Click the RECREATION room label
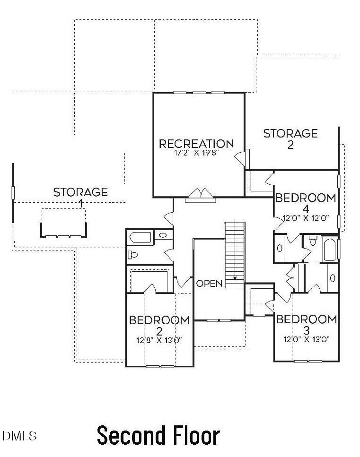coord(196,144)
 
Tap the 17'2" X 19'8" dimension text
coord(196,153)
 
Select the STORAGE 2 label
coord(290,139)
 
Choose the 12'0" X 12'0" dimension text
coord(306,218)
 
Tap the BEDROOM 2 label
coord(159,325)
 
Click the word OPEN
coord(209,284)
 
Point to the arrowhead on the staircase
coord(235,278)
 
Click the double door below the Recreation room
coord(201,195)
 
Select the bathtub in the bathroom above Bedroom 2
coord(140,237)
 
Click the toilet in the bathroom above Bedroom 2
coord(132,255)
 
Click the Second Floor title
coord(158,435)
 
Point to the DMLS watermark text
coord(19,436)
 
